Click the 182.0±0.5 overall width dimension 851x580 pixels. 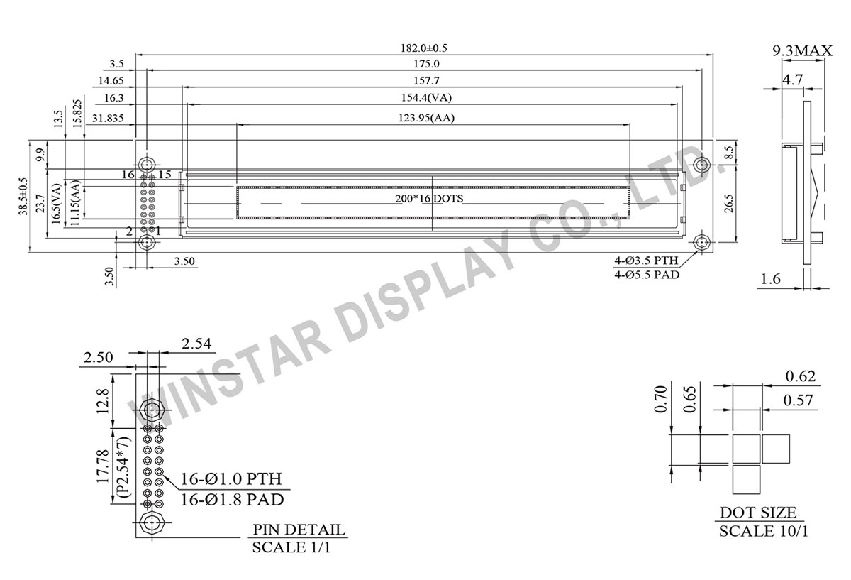click(424, 48)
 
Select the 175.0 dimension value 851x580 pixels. click(424, 64)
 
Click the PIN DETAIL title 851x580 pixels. click(299, 530)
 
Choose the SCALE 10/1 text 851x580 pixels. click(764, 531)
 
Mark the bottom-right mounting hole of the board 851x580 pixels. click(702, 242)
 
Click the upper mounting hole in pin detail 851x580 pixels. click(151, 410)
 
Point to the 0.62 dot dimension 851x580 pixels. click(801, 376)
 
